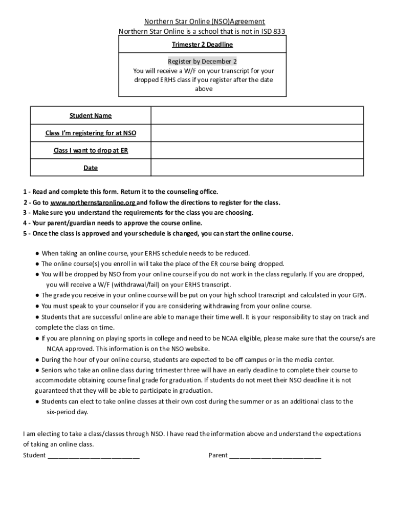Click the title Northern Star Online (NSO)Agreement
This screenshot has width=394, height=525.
pyautogui.click(x=204, y=22)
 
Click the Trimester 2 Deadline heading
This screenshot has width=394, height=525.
pyautogui.click(x=203, y=45)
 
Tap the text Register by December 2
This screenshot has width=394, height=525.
pyautogui.click(x=203, y=61)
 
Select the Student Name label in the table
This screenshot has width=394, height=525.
pyautogui.click(x=91, y=115)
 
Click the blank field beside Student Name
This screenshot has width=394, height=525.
pyautogui.click(x=257, y=115)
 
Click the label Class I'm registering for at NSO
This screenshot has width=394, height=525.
pyautogui.click(x=91, y=133)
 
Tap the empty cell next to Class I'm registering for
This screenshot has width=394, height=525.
pyautogui.click(x=257, y=133)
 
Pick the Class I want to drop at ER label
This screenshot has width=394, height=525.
pyautogui.click(x=91, y=151)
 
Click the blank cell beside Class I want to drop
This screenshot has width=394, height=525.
pyautogui.click(x=257, y=151)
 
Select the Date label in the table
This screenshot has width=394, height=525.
pyautogui.click(x=91, y=168)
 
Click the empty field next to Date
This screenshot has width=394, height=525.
pyautogui.click(x=257, y=168)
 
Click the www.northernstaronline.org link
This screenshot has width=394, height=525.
pyautogui.click(x=93, y=203)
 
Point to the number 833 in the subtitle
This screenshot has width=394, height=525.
pyautogui.click(x=279, y=31)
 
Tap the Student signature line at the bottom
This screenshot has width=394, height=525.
pyautogui.click(x=93, y=455)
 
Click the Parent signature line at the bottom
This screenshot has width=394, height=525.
pyautogui.click(x=275, y=455)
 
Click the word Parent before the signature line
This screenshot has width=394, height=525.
pyautogui.click(x=218, y=455)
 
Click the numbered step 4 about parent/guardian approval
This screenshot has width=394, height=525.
pyautogui.click(x=113, y=223)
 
